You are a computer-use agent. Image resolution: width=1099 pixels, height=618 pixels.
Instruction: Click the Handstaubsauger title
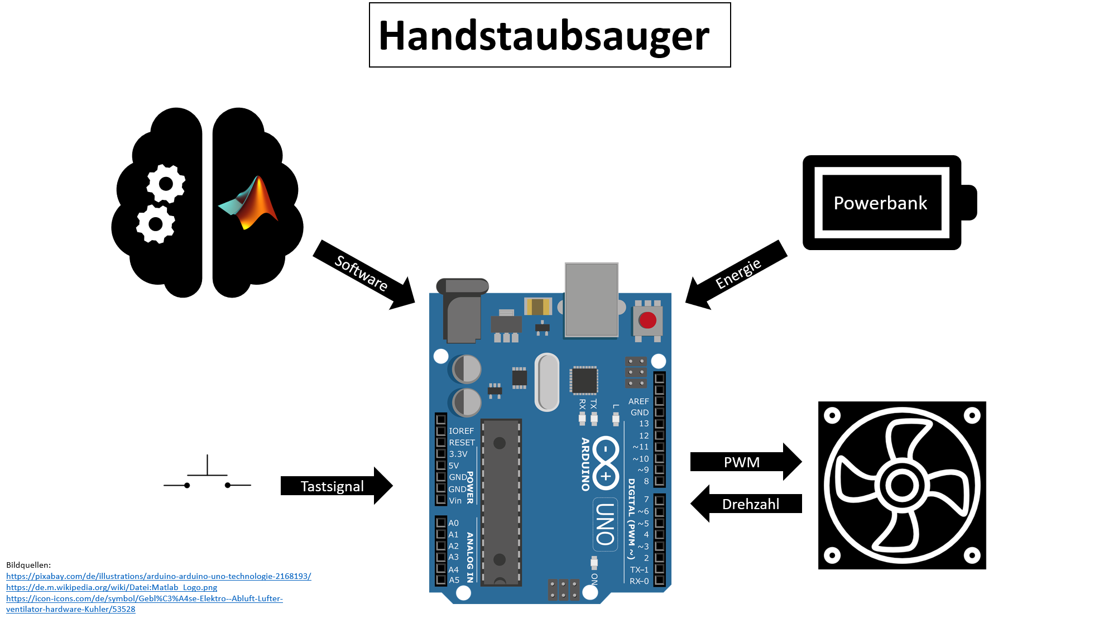tap(544, 36)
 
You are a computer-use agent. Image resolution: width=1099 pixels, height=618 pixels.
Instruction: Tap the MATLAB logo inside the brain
tap(248, 203)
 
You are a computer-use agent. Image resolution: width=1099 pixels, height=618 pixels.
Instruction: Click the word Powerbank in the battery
tap(880, 203)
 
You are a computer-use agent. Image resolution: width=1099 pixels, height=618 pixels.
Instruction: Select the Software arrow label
tap(361, 273)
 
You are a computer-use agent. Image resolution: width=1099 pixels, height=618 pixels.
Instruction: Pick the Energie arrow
tap(736, 275)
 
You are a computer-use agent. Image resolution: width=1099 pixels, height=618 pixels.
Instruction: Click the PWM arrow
tap(746, 462)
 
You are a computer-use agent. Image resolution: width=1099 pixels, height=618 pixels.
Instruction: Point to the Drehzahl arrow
tap(746, 504)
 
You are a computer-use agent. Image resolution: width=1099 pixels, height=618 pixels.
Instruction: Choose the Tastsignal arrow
tap(337, 486)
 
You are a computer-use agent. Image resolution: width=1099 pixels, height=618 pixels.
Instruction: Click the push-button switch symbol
tap(207, 473)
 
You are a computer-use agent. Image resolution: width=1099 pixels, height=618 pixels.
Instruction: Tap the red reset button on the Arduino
tap(647, 320)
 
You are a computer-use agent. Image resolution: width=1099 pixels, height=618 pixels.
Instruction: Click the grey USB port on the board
tap(592, 300)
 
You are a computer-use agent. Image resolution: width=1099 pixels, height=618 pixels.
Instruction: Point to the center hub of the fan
tap(902, 485)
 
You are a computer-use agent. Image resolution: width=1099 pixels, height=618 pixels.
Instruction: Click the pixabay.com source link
tap(159, 576)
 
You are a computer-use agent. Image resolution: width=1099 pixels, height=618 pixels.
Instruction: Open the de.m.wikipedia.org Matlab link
tap(112, 587)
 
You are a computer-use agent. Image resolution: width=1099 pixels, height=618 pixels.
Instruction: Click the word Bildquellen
tap(28, 565)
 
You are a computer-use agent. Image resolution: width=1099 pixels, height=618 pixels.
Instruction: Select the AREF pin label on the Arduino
tap(639, 401)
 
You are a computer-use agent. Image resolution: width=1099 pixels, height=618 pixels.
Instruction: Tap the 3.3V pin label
tap(458, 454)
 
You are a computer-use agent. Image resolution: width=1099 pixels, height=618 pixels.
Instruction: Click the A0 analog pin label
tap(454, 523)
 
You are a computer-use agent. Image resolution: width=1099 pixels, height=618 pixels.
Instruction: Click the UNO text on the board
tap(605, 524)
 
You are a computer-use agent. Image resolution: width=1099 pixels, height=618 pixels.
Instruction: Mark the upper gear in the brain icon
tap(166, 184)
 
